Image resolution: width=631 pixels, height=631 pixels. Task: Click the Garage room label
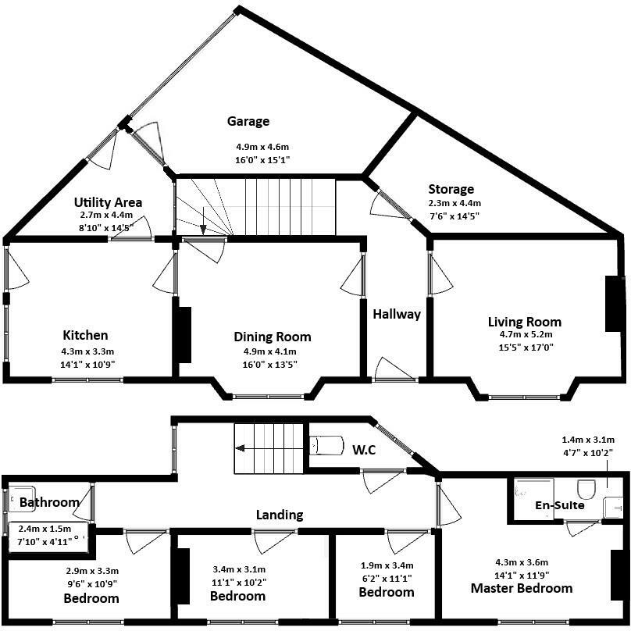(248, 121)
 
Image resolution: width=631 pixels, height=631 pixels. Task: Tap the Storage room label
(451, 189)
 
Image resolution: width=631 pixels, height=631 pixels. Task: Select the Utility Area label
(108, 202)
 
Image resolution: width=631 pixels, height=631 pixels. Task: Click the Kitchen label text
(85, 335)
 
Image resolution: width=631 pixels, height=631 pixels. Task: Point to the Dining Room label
(273, 337)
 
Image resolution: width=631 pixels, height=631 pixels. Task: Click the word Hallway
(396, 315)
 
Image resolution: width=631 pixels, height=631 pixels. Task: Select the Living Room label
(524, 322)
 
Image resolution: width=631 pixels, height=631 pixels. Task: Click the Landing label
(280, 515)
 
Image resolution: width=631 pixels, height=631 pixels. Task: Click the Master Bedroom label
(522, 588)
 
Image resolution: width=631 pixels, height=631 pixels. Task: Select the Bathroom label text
(49, 502)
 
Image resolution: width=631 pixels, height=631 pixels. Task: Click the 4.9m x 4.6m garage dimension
(262, 146)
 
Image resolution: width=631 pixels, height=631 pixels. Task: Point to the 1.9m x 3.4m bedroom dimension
(386, 565)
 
